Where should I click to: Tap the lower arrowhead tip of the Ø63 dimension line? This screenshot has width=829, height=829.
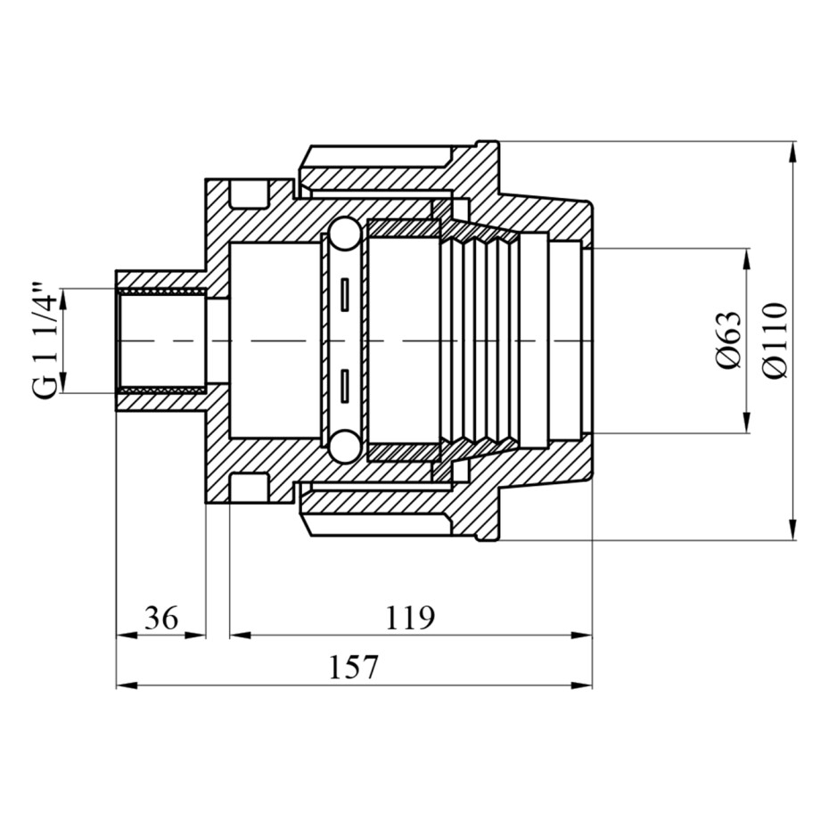(746, 432)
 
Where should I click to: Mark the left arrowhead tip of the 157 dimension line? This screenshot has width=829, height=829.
(116, 685)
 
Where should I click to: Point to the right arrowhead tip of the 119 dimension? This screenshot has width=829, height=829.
(592, 636)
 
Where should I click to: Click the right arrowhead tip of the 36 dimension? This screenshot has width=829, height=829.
(205, 636)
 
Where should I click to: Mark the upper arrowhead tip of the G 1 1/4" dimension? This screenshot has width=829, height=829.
(63, 289)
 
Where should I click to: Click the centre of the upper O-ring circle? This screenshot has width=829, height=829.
(344, 234)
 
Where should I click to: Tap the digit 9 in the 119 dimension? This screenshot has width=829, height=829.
(425, 618)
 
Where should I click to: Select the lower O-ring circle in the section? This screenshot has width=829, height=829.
(344, 445)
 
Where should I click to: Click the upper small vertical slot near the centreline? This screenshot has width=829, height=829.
(345, 294)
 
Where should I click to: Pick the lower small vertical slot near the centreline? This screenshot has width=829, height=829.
(345, 387)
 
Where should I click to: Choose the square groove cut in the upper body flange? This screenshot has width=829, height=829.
(249, 193)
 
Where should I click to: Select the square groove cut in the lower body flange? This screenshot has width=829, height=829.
(249, 487)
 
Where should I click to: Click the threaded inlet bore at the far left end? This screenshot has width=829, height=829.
(160, 341)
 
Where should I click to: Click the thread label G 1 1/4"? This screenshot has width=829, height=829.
(45, 342)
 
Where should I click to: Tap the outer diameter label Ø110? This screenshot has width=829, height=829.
(776, 341)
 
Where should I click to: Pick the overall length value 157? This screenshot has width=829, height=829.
(354, 668)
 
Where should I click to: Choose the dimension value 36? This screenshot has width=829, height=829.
(161, 618)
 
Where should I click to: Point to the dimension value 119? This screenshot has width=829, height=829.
(410, 618)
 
